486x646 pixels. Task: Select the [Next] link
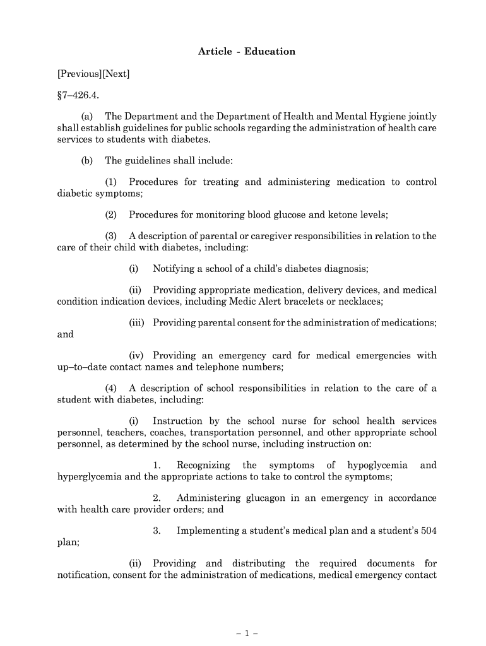click(x=116, y=74)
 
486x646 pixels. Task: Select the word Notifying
click(x=175, y=269)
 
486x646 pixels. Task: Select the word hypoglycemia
click(x=376, y=466)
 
